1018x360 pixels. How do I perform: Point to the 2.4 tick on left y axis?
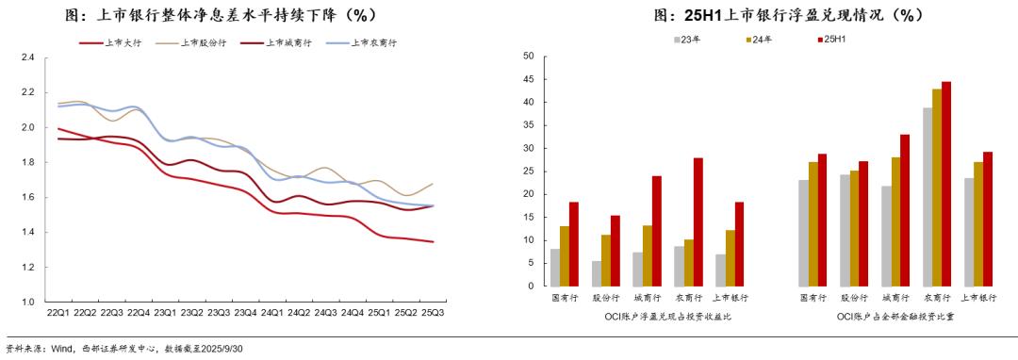click(x=27, y=57)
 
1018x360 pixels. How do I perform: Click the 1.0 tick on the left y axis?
click(x=27, y=302)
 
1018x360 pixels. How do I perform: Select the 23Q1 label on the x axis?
click(x=165, y=312)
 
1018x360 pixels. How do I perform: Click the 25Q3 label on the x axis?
click(x=433, y=312)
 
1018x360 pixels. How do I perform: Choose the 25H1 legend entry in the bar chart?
click(x=834, y=40)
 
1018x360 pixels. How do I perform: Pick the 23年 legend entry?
click(x=689, y=40)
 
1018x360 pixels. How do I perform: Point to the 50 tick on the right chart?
click(x=529, y=57)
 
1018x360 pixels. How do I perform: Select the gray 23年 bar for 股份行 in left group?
click(x=597, y=273)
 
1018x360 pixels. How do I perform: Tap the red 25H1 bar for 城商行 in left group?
click(x=656, y=231)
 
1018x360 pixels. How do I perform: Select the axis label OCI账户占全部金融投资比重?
click(x=896, y=317)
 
